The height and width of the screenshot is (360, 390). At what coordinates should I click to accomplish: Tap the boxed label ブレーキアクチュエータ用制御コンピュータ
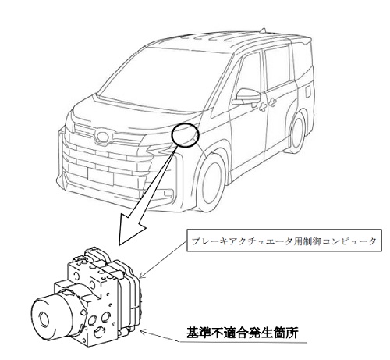284,241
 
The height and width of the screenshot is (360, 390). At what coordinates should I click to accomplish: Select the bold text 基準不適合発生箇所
242,333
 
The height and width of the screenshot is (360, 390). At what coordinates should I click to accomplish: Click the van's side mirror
246,96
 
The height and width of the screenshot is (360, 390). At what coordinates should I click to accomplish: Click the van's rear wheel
298,134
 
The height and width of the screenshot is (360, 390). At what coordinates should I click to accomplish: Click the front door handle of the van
263,106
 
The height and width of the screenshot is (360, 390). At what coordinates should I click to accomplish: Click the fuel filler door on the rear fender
307,91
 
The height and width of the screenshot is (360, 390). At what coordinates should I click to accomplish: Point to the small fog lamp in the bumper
168,193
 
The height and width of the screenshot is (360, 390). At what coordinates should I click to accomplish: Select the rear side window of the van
276,67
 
